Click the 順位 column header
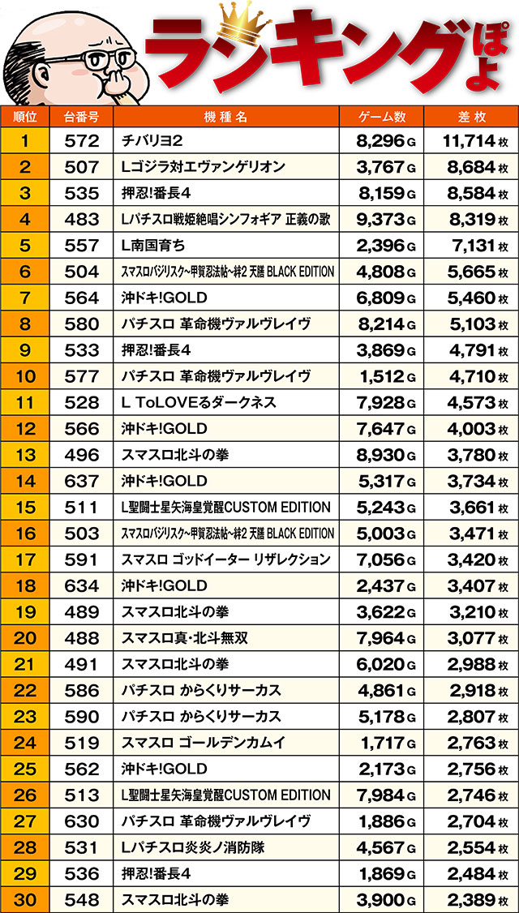coord(24,116)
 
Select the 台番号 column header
coord(81,116)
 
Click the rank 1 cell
coord(24,141)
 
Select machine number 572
coord(81,141)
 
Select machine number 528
coord(81,402)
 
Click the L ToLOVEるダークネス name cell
coord(199,402)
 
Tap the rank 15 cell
coord(24,507)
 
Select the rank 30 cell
coord(24,899)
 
